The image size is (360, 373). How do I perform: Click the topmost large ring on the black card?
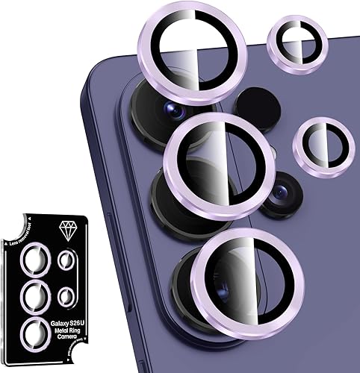point(34,260)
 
